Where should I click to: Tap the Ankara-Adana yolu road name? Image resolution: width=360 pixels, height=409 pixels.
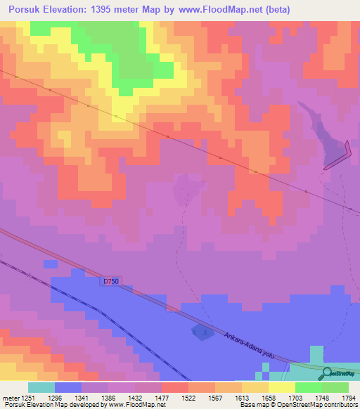(247, 342)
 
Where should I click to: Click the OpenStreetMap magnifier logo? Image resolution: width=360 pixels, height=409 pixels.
(326, 372)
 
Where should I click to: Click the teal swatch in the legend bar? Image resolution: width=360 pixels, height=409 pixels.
(41, 387)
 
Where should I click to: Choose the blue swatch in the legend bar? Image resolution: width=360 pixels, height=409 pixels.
(68, 387)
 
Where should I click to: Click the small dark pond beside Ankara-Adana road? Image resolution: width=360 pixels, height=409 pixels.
(202, 332)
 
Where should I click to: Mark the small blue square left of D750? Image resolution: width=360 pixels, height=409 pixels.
(49, 264)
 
